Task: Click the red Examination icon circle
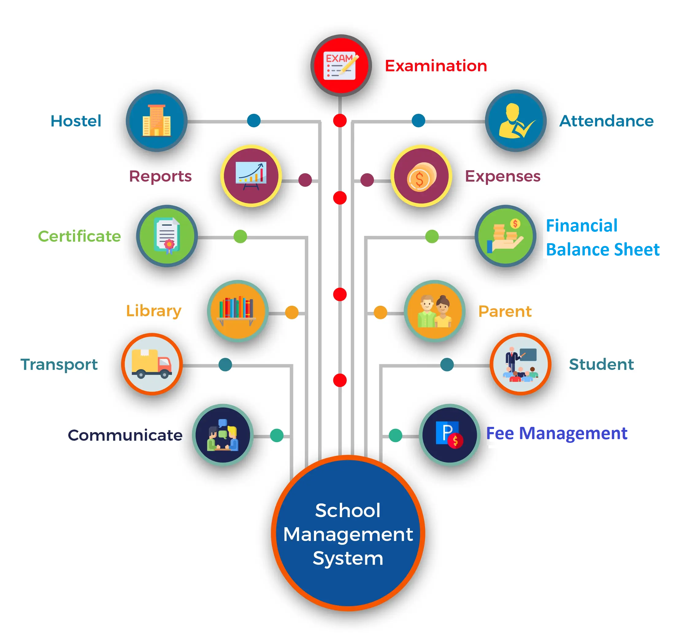341,65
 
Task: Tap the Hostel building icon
156,121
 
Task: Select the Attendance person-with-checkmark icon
516,121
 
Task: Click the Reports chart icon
251,176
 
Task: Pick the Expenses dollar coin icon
421,176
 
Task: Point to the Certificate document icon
167,236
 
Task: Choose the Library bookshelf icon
238,311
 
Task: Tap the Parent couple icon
435,311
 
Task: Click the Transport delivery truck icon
152,364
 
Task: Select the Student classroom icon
520,364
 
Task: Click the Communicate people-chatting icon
223,435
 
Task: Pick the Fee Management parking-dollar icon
449,435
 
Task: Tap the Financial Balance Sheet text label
602,237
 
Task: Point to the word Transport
59,365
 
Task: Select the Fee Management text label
556,433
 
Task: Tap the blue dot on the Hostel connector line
254,121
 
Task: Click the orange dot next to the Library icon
292,312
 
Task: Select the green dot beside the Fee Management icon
395,435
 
